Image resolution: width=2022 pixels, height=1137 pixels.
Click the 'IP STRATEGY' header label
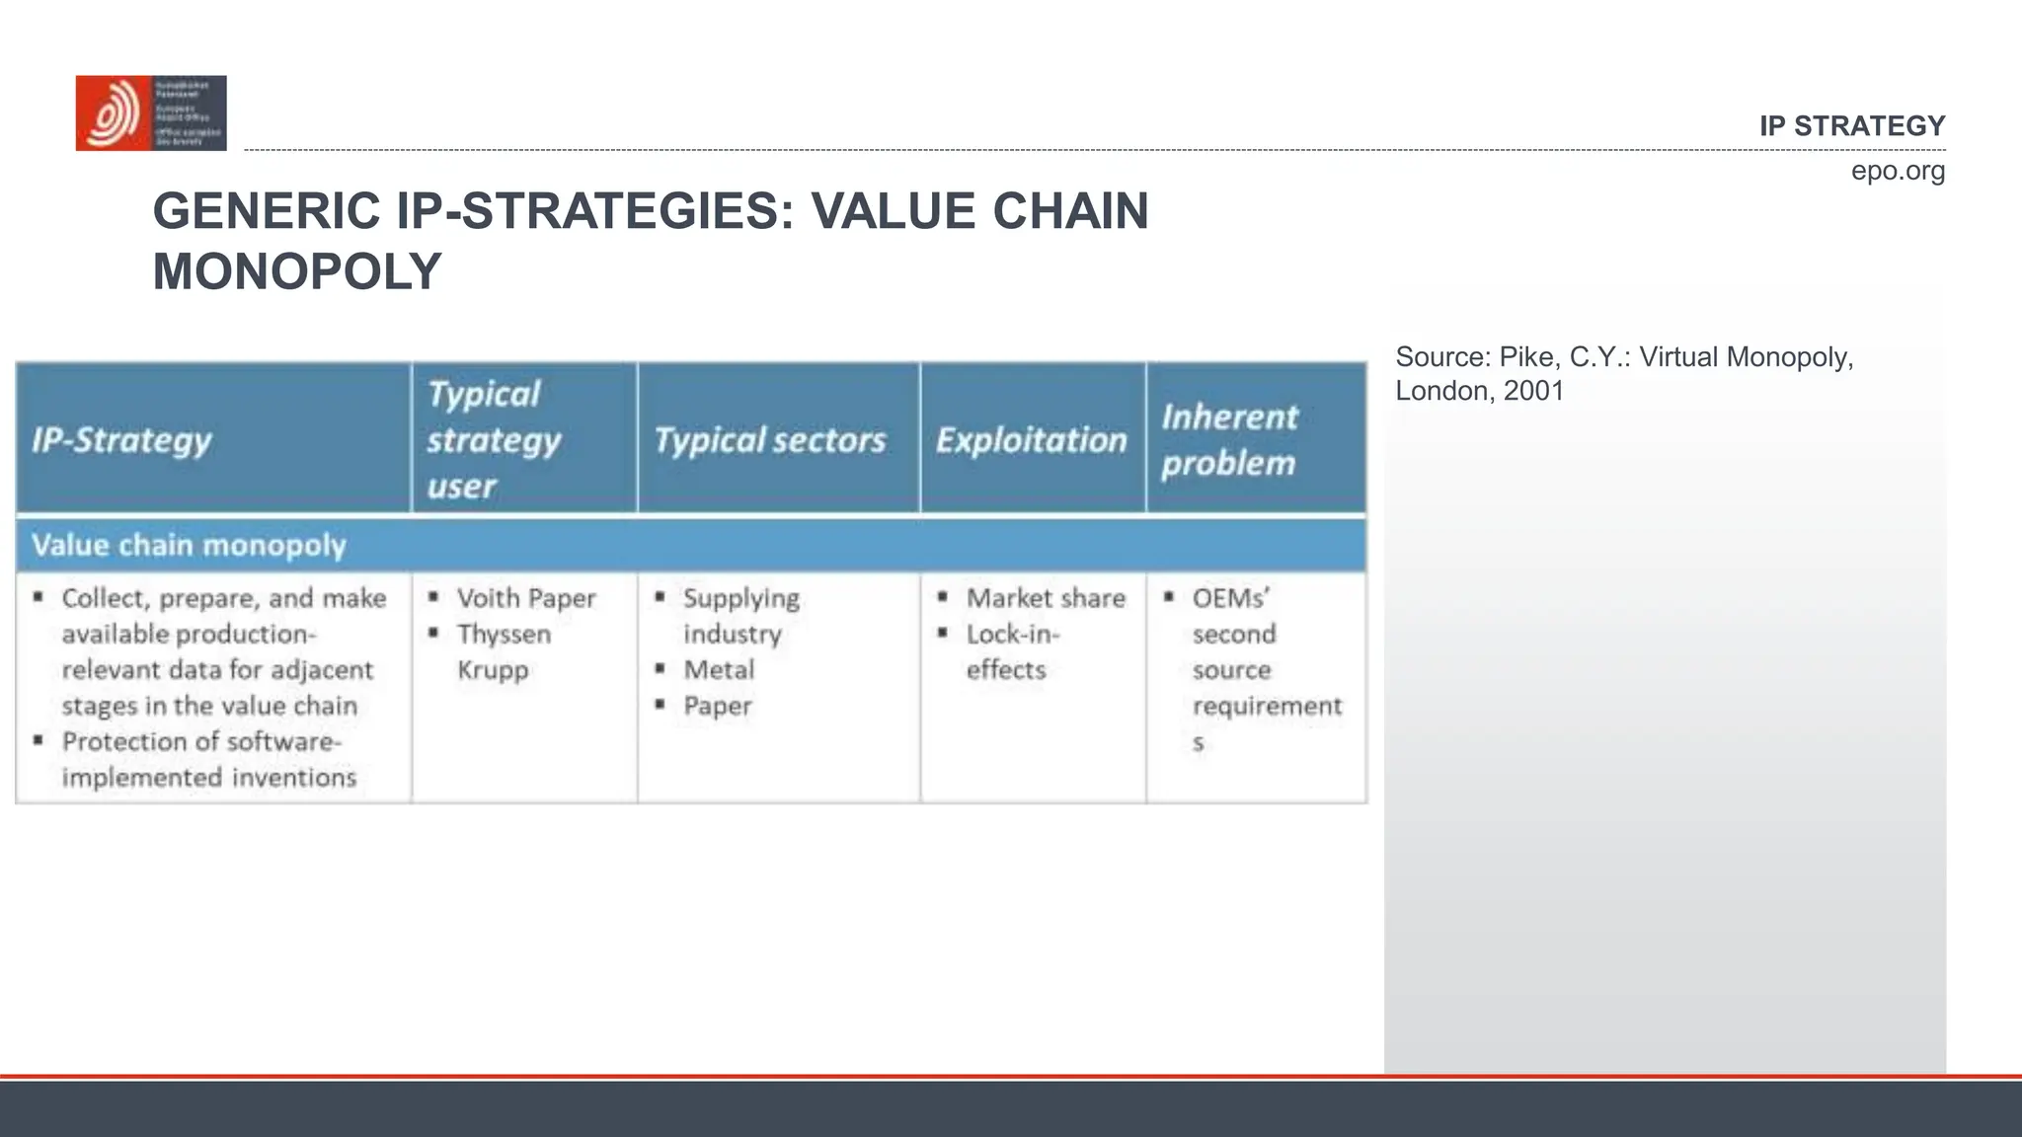[x=1851, y=126]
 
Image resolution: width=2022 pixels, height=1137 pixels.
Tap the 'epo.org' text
[x=1897, y=171]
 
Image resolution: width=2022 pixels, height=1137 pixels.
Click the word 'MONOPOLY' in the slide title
[x=297, y=271]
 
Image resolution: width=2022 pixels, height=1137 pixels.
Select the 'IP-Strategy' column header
[x=121, y=440]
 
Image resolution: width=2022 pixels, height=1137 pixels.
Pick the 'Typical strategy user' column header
[x=494, y=439]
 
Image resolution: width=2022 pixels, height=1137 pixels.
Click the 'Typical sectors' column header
[x=770, y=440]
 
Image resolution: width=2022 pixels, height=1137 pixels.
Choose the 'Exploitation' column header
[x=1031, y=440]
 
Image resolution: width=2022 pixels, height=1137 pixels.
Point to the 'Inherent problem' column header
[x=1228, y=440]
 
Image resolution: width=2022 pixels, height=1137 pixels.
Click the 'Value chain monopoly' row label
[x=189, y=545]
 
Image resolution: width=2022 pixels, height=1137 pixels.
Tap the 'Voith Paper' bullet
[x=526, y=598]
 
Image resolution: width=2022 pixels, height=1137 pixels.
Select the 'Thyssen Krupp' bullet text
[x=504, y=651]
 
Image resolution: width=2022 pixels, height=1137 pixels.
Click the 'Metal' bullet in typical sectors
[x=719, y=670]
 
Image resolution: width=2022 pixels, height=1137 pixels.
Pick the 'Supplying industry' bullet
[x=740, y=616]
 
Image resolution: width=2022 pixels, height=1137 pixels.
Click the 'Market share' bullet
[x=1046, y=598]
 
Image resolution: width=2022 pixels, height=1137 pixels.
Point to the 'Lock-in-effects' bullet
[x=1012, y=651]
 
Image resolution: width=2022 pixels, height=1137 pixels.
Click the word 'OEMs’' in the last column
[x=1230, y=598]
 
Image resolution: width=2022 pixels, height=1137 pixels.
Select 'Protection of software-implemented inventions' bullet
[x=202, y=759]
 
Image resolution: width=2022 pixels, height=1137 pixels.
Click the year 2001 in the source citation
[x=1533, y=391]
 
